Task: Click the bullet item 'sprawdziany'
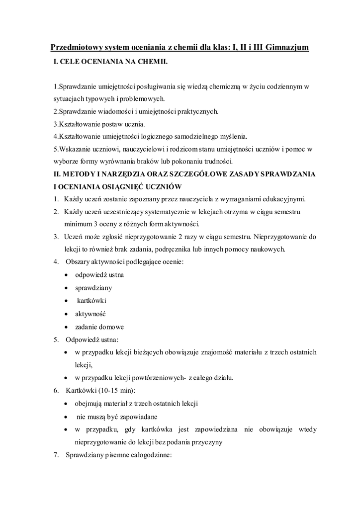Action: (x=93, y=287)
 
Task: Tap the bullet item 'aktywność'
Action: (x=90, y=314)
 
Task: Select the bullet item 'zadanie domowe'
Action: (x=99, y=327)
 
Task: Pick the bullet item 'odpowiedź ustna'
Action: (x=99, y=274)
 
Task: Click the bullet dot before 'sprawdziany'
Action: (x=67, y=288)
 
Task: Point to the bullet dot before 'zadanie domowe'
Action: (x=67, y=327)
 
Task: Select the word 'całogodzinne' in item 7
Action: (x=152, y=455)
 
